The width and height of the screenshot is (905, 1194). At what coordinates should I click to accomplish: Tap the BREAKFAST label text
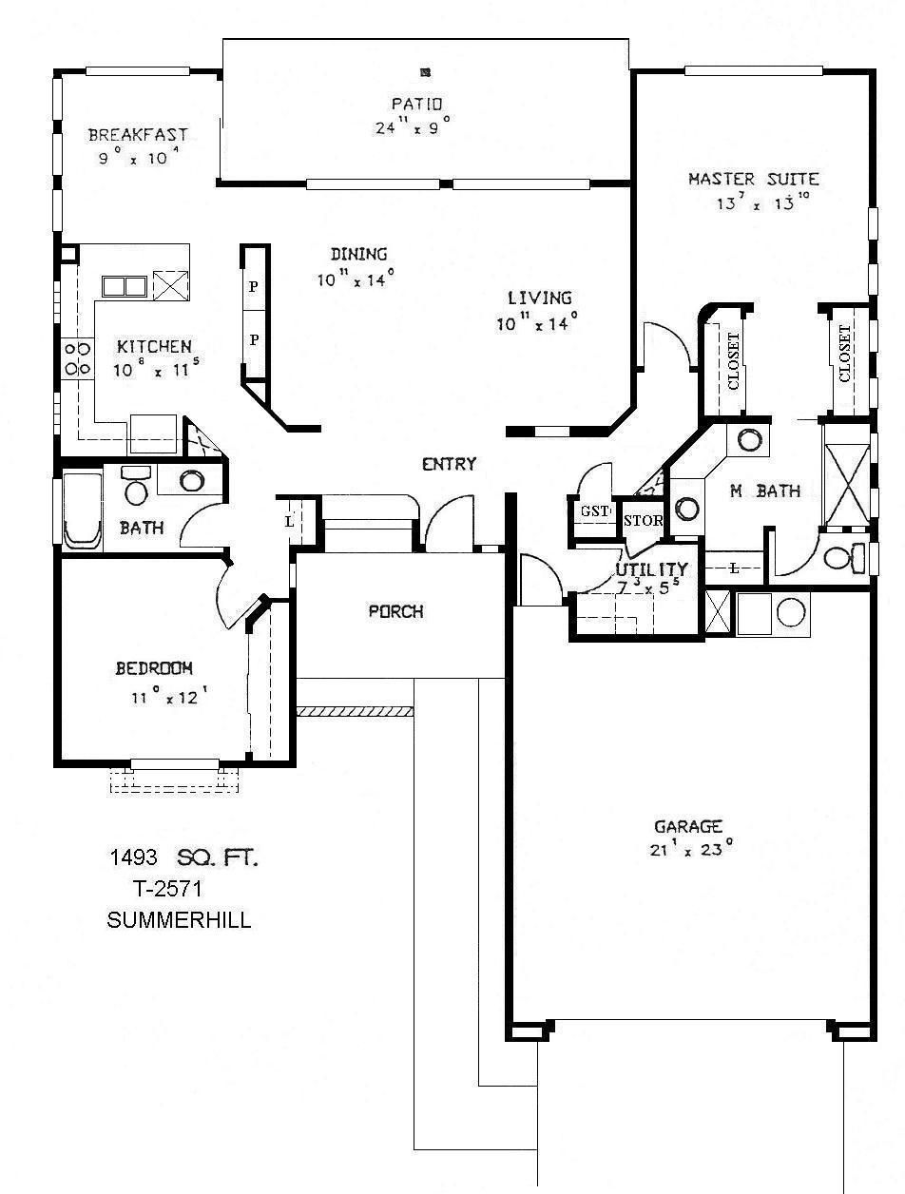point(138,135)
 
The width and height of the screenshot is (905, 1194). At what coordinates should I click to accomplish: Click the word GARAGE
point(688,826)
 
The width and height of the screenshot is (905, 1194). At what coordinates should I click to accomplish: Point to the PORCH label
point(396,611)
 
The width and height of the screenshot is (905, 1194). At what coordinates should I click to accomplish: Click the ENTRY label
point(449,464)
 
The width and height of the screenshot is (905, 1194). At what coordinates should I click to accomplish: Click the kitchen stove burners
point(76,358)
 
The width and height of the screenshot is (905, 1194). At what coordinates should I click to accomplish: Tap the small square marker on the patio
point(425,71)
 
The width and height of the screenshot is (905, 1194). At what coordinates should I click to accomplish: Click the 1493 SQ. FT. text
point(183,858)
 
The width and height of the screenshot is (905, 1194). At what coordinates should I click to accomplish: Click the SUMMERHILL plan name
point(180,920)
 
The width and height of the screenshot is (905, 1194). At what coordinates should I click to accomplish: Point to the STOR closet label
point(643,521)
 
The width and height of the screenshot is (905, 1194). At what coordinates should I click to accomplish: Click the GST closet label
point(594,510)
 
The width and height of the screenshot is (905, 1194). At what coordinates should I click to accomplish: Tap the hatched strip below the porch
point(354,711)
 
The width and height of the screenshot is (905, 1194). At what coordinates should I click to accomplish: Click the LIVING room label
point(539,298)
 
